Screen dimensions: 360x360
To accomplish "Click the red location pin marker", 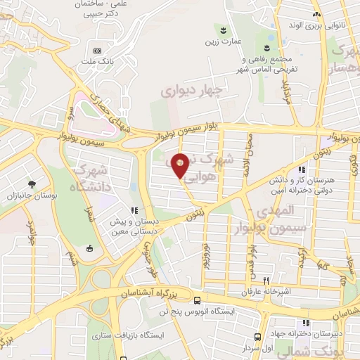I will pyautogui.click(x=181, y=165).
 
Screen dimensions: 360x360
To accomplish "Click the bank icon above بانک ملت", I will pyautogui.click(x=97, y=51).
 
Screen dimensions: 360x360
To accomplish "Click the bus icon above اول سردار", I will pyautogui.click(x=258, y=337).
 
